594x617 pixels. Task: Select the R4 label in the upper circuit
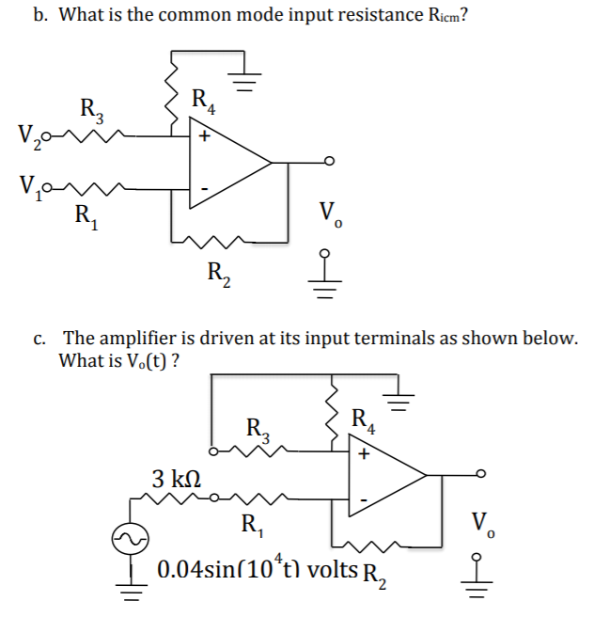[204, 99]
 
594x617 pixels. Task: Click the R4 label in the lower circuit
[363, 419]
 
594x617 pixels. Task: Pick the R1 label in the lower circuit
[251, 524]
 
